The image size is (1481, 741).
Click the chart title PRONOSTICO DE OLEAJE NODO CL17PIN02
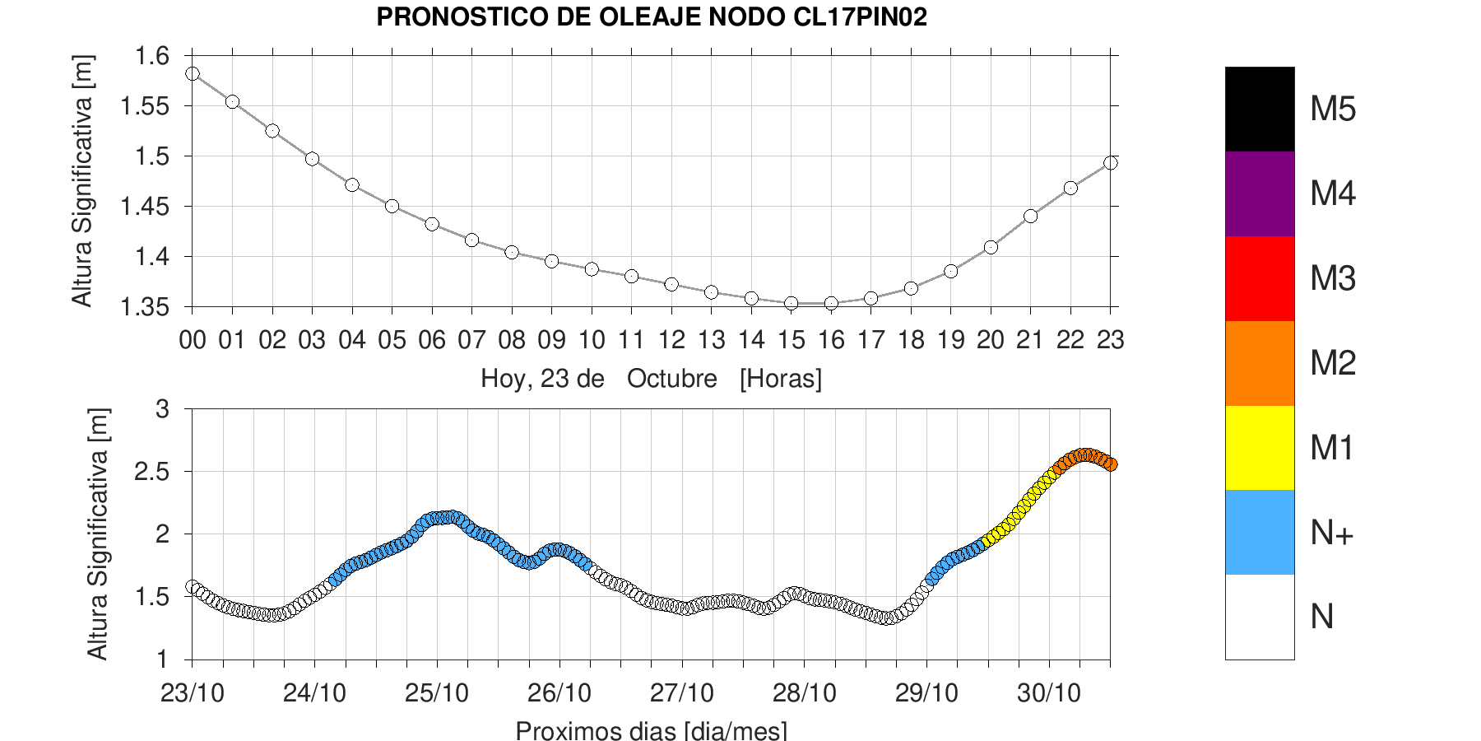point(652,17)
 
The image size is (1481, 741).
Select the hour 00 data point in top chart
point(193,74)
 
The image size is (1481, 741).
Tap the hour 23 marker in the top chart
point(1110,163)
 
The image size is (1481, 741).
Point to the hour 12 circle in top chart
point(671,284)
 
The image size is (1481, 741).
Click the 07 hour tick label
point(471,340)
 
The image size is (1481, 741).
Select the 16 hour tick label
point(831,340)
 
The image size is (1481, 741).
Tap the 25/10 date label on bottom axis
point(437,693)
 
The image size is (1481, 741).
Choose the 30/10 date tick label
point(1049,693)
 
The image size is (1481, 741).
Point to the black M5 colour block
point(1260,110)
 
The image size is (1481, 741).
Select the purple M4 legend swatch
point(1260,194)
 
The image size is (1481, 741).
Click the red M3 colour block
point(1260,279)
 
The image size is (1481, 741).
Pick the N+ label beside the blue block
point(1332,534)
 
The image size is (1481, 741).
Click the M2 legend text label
point(1333,363)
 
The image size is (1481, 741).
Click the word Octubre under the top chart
point(671,379)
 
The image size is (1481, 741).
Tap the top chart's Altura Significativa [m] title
point(83,181)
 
